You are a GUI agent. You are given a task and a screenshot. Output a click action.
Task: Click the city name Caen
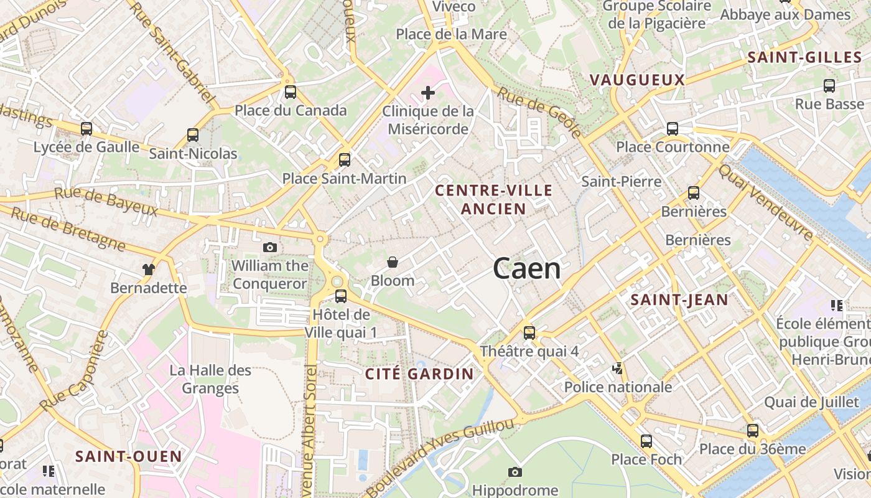pos(526,269)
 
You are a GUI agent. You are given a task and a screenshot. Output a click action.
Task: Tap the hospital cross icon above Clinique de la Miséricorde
pos(428,93)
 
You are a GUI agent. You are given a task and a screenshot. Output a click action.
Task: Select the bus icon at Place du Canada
pos(291,92)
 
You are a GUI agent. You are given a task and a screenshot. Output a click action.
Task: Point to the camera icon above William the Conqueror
pos(269,247)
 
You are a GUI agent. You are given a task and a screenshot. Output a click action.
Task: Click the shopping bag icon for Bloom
pos(393,262)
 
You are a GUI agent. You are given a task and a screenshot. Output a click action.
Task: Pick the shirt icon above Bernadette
pos(148,269)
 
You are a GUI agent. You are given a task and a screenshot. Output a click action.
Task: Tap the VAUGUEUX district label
pos(636,80)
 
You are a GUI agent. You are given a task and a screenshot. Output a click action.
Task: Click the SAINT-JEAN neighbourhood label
pos(679,300)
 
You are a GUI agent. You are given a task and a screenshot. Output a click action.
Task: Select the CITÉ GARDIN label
pos(419,374)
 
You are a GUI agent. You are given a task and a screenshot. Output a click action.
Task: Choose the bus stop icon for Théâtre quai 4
pos(529,333)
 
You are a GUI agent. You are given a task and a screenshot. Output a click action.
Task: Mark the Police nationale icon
pos(617,369)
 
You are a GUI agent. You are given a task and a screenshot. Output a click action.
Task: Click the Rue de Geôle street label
pos(539,112)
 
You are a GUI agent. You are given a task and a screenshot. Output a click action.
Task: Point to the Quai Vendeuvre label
pos(766,202)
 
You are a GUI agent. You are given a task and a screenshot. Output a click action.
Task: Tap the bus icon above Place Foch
pos(646,441)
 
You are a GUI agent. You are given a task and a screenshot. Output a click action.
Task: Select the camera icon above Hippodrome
pos(515,472)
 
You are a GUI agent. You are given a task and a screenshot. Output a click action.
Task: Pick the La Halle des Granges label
pos(211,379)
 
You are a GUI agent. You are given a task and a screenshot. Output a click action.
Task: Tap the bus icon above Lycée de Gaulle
pos(86,129)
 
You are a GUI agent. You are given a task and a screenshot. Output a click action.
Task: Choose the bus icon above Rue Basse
pos(829,86)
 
